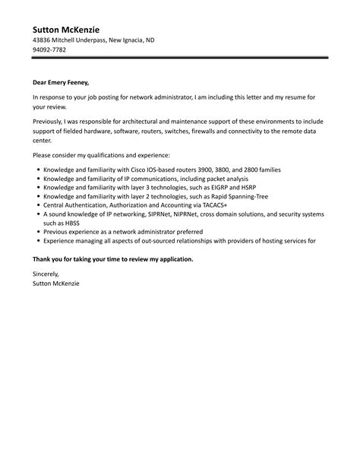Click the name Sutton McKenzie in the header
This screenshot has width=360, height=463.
tap(70, 29)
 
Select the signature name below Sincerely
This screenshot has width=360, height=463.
tap(55, 283)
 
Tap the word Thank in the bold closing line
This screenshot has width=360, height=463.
tap(43, 259)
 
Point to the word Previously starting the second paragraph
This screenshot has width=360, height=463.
tap(51, 121)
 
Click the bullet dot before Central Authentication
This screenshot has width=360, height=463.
tap(38, 206)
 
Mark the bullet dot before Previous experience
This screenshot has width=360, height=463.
tap(38, 234)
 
